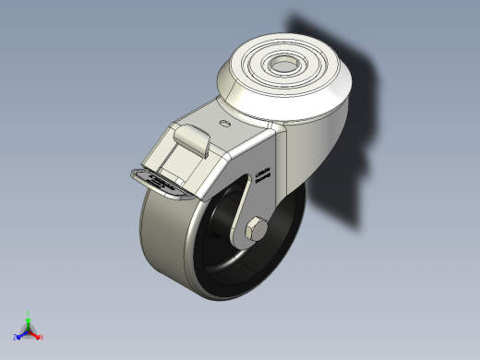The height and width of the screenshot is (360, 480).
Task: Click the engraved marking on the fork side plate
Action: pyautogui.click(x=261, y=174)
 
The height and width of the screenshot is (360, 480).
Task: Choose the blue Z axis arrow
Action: pyautogui.click(x=21, y=335)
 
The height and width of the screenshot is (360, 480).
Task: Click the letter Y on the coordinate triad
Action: pyautogui.click(x=29, y=313)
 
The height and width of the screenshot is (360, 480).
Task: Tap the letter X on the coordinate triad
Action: pyautogui.click(x=42, y=337)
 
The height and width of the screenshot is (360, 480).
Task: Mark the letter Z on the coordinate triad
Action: pyautogui.click(x=16, y=338)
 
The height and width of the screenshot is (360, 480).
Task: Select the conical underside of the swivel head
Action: pyautogui.click(x=314, y=106)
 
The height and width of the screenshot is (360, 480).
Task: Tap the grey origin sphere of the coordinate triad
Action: pyautogui.click(x=29, y=330)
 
